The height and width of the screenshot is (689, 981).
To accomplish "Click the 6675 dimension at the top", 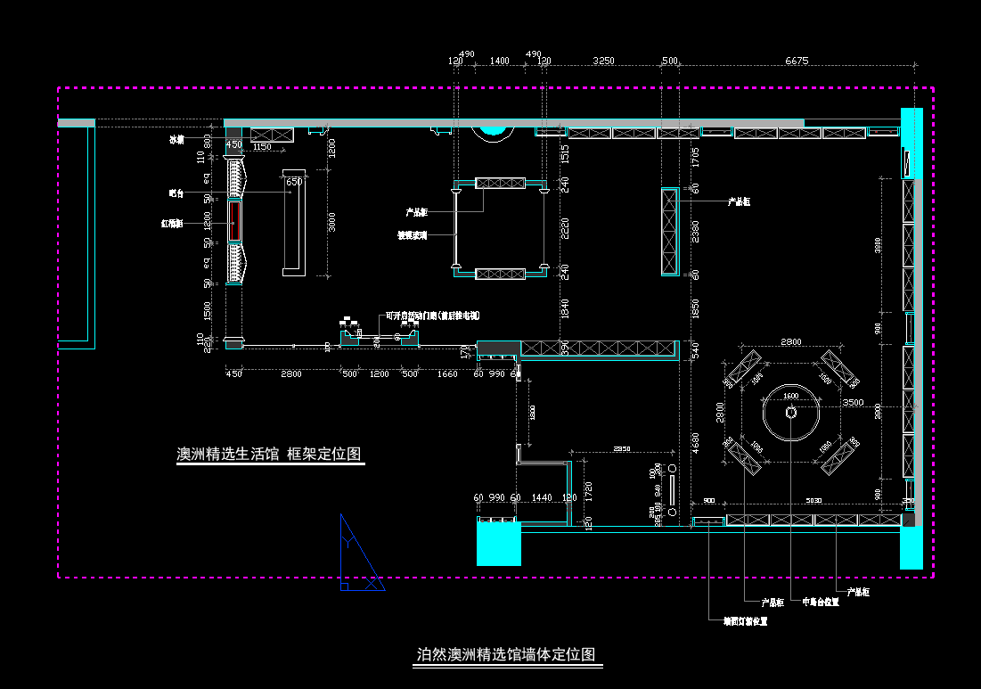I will [797, 61].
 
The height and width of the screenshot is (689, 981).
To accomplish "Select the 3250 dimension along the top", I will [603, 61].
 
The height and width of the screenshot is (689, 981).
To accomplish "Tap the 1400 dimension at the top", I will [499, 61].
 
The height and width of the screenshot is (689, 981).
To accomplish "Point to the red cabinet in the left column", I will [234, 220].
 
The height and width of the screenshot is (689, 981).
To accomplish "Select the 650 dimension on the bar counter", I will [294, 182].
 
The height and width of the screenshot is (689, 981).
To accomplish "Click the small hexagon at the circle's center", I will [791, 412].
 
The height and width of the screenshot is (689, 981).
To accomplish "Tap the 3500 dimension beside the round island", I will [853, 403].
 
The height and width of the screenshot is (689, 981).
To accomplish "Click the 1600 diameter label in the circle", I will [790, 396].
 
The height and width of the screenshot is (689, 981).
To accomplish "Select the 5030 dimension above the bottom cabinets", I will [813, 501].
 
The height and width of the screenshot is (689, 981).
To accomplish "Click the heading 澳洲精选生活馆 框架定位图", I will [269, 454].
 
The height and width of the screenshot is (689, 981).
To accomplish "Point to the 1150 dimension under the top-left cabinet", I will [261, 146].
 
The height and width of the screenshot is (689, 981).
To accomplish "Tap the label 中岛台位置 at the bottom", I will [820, 602].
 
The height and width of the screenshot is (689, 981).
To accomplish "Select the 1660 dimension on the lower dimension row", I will [447, 373].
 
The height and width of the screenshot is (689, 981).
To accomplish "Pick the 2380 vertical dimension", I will [696, 231].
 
